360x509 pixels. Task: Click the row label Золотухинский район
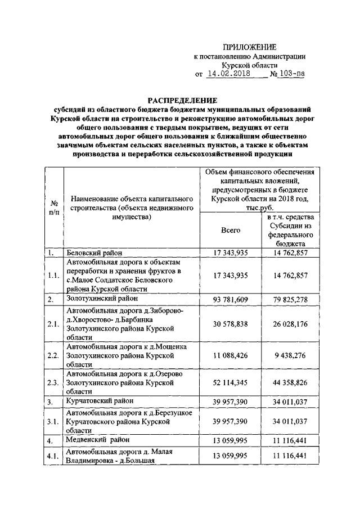[x=102, y=298]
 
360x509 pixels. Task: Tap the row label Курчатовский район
[x=100, y=402]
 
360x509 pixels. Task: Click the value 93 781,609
[x=231, y=299]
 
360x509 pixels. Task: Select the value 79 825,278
[x=290, y=299]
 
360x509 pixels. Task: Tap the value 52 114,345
[x=231, y=383]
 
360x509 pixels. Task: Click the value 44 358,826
[x=290, y=383]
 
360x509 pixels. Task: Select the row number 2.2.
[x=54, y=356]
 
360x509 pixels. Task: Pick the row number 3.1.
[x=54, y=421]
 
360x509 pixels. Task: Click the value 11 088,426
[x=231, y=355]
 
